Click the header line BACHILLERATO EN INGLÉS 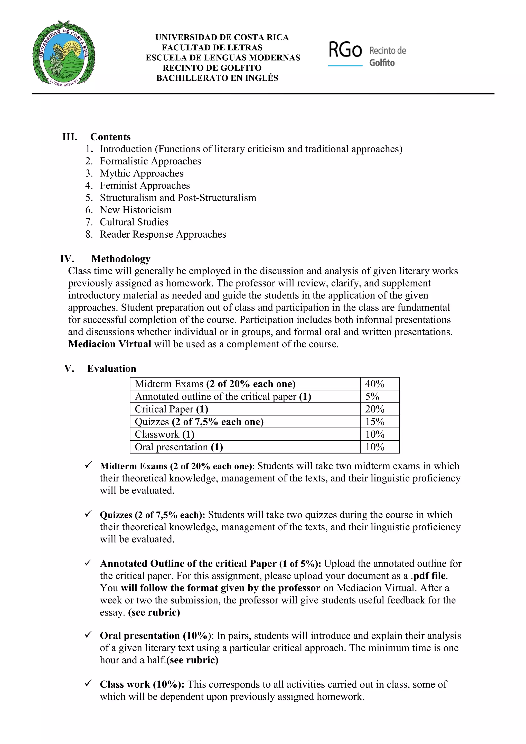[217, 78]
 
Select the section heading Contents [110, 137]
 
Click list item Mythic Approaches [141, 173]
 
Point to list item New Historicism [135, 210]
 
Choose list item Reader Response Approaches [163, 234]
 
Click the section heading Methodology [120, 259]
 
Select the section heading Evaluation [111, 368]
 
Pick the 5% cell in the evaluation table [372, 396]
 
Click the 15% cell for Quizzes [375, 422]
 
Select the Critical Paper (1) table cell [171, 409]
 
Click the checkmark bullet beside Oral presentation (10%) [88, 635]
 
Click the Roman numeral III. [70, 137]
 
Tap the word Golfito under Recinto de [382, 63]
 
